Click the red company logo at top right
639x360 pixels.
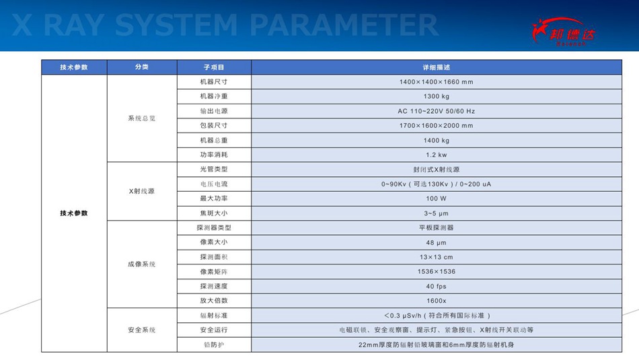pyautogui.click(x=564, y=32)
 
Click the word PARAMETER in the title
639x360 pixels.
pyautogui.click(x=344, y=25)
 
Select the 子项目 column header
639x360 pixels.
pyautogui.click(x=214, y=67)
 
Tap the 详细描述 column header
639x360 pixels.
pyautogui.click(x=437, y=67)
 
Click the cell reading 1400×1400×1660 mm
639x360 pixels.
pyautogui.click(x=437, y=82)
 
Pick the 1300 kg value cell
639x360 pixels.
pyautogui.click(x=437, y=97)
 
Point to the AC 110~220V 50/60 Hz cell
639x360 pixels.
pyautogui.click(x=437, y=111)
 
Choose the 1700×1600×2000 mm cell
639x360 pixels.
pyautogui.click(x=437, y=126)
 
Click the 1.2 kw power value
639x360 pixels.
pyautogui.click(x=437, y=155)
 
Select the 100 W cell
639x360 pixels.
pyautogui.click(x=437, y=199)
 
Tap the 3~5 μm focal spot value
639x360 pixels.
pyautogui.click(x=437, y=213)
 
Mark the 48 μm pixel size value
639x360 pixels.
pyautogui.click(x=437, y=243)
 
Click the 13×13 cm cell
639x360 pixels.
pyautogui.click(x=437, y=257)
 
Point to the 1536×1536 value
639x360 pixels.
pyautogui.click(x=437, y=272)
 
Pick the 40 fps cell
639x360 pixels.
pyautogui.click(x=437, y=286)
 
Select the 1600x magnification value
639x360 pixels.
pyautogui.click(x=437, y=301)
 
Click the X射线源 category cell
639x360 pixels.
pyautogui.click(x=142, y=191)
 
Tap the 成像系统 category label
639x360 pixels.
pyautogui.click(x=142, y=264)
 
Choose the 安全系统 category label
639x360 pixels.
pyautogui.click(x=142, y=330)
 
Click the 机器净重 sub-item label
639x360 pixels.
pyautogui.click(x=214, y=96)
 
